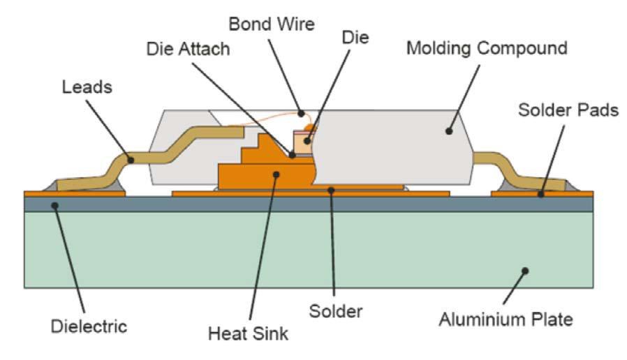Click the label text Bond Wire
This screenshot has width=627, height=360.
(272, 24)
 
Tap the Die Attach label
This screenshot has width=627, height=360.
(189, 50)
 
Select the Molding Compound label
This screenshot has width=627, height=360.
(486, 49)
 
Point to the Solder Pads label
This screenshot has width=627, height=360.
(568, 110)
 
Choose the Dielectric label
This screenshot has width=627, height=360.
(89, 325)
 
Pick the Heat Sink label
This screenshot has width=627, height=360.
(248, 333)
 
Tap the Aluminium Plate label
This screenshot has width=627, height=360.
(506, 320)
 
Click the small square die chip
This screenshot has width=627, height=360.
(304, 143)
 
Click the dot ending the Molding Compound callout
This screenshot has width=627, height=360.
(450, 130)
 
